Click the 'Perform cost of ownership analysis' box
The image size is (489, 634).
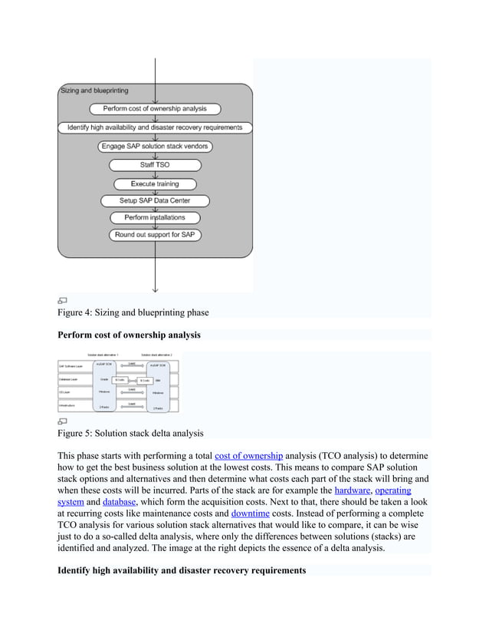click(156, 108)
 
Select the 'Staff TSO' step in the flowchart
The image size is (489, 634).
click(156, 165)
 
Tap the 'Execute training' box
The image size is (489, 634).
click(156, 183)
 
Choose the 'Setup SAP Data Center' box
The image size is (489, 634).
click(156, 201)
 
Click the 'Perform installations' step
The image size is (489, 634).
click(156, 218)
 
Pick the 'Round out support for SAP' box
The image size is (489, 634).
click(156, 235)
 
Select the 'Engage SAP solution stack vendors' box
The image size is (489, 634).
click(156, 146)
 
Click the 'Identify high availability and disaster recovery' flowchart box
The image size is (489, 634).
click(156, 127)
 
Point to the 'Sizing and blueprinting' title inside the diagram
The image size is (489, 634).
click(94, 91)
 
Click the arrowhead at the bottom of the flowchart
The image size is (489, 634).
click(156, 289)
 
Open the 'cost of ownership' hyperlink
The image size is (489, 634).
click(249, 455)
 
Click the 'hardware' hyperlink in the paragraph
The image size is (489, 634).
click(352, 490)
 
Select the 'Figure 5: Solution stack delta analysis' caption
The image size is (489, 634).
click(131, 433)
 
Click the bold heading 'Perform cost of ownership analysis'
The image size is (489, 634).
click(130, 335)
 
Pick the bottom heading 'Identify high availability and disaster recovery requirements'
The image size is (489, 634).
click(182, 570)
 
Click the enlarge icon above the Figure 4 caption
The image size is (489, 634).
click(63, 300)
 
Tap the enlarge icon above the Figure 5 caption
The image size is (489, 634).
click(63, 421)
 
